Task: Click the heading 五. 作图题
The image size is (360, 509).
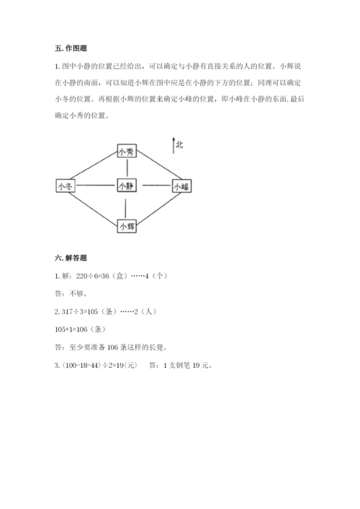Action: [x=71, y=48]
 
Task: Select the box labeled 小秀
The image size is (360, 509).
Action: [x=126, y=151]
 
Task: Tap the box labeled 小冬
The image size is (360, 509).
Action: [x=65, y=186]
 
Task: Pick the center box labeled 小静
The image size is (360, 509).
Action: [x=126, y=186]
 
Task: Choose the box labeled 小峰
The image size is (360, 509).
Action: [x=180, y=186]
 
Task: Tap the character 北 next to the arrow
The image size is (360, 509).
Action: [x=179, y=145]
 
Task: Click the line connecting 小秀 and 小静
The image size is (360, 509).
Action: [x=126, y=168]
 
